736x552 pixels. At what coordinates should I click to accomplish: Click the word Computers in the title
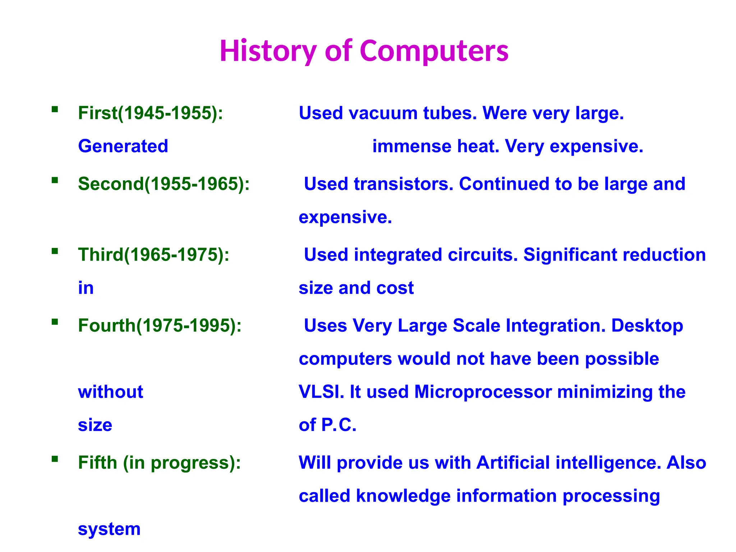[434, 51]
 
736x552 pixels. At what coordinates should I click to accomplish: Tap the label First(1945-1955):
[151, 113]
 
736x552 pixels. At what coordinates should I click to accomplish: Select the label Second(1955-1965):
[164, 184]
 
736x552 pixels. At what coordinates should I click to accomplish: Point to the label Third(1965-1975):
[154, 254]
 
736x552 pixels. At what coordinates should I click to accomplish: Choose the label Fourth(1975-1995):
[160, 325]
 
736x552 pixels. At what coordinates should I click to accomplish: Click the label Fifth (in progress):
[160, 463]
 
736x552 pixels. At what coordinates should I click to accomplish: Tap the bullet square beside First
[55, 109]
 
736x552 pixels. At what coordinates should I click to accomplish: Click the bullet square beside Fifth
[55, 459]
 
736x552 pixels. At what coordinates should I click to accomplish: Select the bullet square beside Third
[55, 251]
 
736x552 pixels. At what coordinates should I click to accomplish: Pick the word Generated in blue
[123, 146]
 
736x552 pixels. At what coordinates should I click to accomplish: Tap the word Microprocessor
[483, 392]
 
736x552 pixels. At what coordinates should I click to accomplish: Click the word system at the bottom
[109, 529]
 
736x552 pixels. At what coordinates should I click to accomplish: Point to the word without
[110, 392]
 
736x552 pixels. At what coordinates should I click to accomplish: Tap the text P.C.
[339, 425]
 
